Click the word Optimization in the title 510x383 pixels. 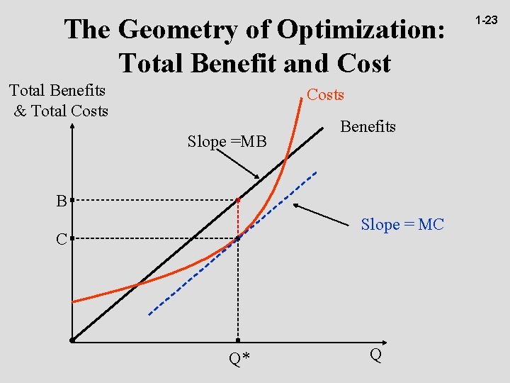[x=362, y=30]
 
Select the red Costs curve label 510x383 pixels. [x=325, y=95]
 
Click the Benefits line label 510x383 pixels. [x=368, y=127]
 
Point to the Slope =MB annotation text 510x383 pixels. [x=227, y=142]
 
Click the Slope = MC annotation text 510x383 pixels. [x=402, y=225]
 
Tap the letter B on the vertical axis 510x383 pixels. [x=62, y=201]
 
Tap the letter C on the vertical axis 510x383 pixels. [x=62, y=240]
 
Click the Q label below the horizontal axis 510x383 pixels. [x=375, y=355]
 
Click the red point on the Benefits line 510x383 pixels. [x=238, y=201]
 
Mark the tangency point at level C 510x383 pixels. [x=238, y=238]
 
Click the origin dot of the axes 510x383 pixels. [x=72, y=340]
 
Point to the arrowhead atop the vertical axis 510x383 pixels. [x=72, y=127]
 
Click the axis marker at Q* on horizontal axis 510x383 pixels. [x=238, y=340]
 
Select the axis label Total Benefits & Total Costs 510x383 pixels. [x=58, y=101]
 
